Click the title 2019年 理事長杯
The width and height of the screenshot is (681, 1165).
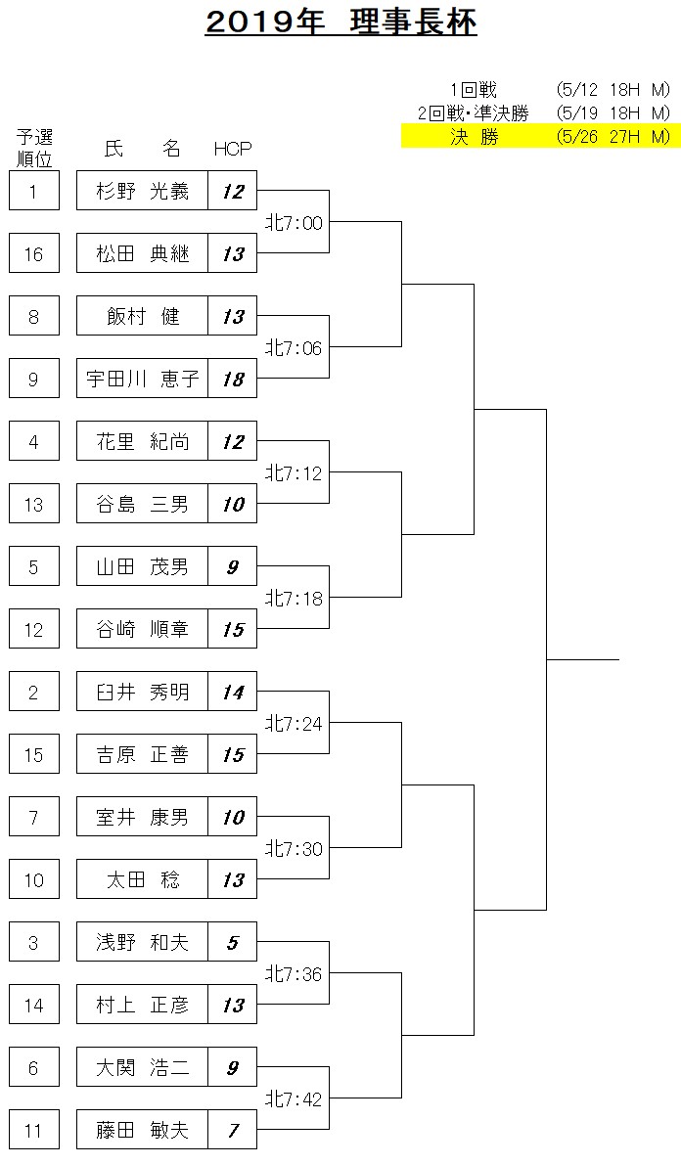(340, 23)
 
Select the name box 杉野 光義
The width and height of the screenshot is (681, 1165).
(142, 191)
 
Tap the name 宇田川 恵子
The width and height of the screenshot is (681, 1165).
(142, 379)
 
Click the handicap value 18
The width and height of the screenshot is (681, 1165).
(233, 379)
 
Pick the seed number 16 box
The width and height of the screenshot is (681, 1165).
(33, 254)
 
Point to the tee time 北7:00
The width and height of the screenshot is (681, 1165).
(295, 222)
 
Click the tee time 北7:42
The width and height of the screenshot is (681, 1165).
(295, 1098)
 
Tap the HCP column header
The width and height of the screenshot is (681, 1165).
(233, 149)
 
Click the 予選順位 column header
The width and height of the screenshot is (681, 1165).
(34, 148)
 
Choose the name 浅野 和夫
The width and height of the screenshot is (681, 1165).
(142, 942)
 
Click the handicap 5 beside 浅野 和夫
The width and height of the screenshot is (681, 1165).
(233, 942)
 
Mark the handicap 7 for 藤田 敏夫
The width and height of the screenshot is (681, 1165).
(233, 1130)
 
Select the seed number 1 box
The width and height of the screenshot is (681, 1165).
(33, 191)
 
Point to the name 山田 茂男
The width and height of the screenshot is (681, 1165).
(142, 567)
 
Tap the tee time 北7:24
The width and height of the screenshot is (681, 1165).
(295, 723)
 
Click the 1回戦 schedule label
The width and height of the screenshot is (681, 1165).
(474, 90)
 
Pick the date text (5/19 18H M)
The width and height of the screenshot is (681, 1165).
(613, 112)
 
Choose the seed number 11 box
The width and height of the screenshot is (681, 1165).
(33, 1130)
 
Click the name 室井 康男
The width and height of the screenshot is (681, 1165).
(142, 818)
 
